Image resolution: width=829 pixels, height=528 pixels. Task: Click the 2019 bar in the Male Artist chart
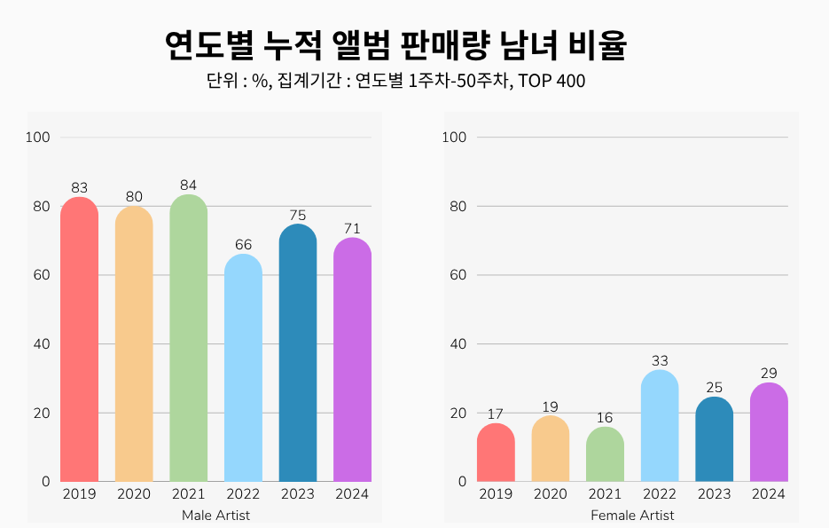point(79,342)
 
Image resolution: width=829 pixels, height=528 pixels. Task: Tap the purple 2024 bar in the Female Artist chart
point(768,433)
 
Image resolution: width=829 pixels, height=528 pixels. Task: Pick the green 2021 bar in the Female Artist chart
point(605,455)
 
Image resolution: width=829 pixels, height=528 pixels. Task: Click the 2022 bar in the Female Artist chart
point(659,427)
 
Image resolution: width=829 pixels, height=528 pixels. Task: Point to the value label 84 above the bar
point(188,185)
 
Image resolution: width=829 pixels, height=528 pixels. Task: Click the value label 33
point(659,360)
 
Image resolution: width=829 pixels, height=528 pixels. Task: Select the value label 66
point(243,244)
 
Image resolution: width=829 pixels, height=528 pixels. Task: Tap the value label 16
point(605,418)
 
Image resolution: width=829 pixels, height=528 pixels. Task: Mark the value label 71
point(352,228)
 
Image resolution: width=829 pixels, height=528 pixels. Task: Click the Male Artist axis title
point(215,516)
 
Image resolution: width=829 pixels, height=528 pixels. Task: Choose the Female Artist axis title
point(632,516)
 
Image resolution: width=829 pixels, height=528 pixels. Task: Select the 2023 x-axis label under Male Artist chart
point(297,494)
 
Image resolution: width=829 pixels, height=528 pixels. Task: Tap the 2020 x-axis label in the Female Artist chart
point(550,494)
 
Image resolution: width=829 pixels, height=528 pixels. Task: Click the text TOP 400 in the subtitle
point(552,82)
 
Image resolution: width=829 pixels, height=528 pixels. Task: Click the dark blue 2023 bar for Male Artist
point(297,355)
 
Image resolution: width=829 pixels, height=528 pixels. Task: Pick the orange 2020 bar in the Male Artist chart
point(134,346)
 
